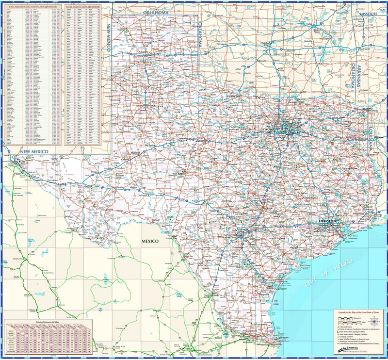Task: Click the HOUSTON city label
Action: pos(328,221)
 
